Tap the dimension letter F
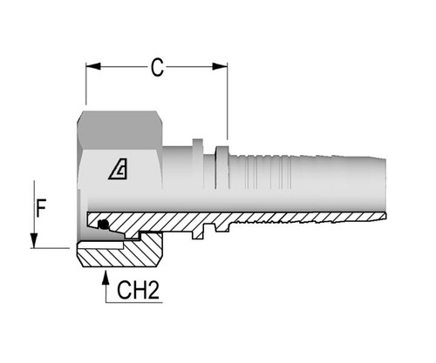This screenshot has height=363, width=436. [x=40, y=208]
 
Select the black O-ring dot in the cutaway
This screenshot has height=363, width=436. [x=105, y=225]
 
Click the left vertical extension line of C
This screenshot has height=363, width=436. [x=86, y=87]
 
